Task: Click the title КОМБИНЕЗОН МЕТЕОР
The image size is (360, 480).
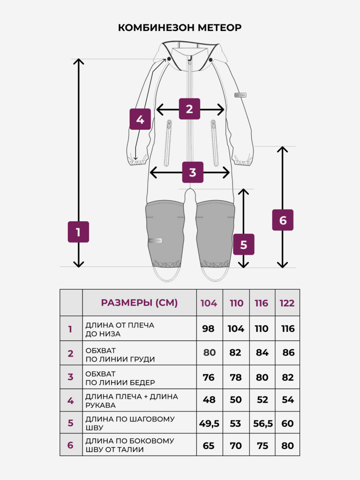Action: coord(180,28)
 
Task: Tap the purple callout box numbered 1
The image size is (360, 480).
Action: coord(78,232)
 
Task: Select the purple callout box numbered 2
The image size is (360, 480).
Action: coord(189,109)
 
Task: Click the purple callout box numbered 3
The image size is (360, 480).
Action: coord(193,172)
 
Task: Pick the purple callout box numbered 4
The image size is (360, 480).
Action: coord(140,119)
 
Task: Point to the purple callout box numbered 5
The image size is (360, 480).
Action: coord(244,244)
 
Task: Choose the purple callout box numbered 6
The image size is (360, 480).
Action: coord(283,220)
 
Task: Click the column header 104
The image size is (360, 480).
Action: coord(209,303)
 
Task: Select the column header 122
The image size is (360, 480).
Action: coord(287,303)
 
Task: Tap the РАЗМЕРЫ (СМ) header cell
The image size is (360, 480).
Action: coord(139,303)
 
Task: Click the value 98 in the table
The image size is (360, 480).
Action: coord(208,329)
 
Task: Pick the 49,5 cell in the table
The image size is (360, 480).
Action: coord(210,424)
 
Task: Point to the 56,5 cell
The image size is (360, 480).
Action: coord(263,424)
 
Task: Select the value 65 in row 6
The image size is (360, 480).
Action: coord(209,446)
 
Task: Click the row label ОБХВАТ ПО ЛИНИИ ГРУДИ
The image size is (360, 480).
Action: coord(120,354)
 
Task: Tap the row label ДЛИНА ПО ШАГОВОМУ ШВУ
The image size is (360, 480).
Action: coord(130,423)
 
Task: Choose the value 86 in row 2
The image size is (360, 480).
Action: coord(288,352)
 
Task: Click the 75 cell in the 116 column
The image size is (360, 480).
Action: coord(262,446)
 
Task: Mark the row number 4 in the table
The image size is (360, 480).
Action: coord(70,401)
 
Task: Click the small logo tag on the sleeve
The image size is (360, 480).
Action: coord(240,95)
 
